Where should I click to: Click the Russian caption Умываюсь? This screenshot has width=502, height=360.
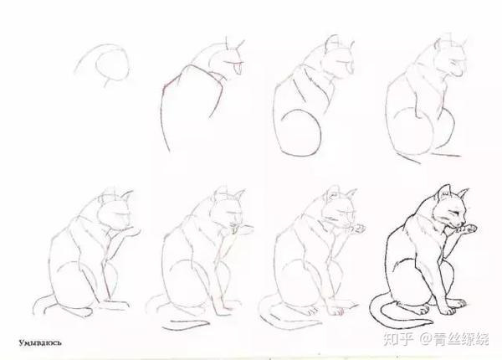point(40,343)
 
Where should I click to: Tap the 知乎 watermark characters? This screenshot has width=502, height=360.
point(397,339)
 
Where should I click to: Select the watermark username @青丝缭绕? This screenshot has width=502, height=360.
point(454,339)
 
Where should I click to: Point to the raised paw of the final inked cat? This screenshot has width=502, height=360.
point(468,229)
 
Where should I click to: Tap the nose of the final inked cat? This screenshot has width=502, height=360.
point(464,223)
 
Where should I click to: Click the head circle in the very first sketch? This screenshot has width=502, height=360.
point(113,65)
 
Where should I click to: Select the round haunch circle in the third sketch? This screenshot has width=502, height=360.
point(300,132)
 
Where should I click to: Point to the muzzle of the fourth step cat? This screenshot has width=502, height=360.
point(458,71)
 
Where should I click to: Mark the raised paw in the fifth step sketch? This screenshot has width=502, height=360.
point(132,230)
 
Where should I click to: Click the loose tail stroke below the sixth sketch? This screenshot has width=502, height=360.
point(186,324)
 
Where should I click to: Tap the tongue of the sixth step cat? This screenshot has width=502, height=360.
point(234,231)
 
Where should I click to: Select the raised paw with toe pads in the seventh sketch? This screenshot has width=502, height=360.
point(358,229)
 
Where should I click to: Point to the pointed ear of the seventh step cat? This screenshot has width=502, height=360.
point(351,194)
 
